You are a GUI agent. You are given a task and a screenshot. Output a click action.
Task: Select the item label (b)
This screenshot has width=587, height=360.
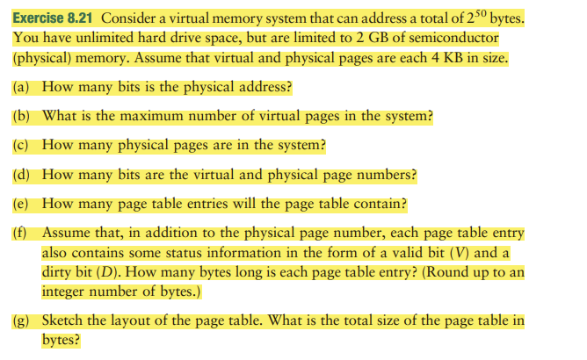point(24,116)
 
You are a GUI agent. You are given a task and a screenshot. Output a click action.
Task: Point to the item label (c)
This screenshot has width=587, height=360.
point(24,145)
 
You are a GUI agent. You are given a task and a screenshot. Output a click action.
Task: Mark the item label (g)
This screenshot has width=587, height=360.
point(24,320)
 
